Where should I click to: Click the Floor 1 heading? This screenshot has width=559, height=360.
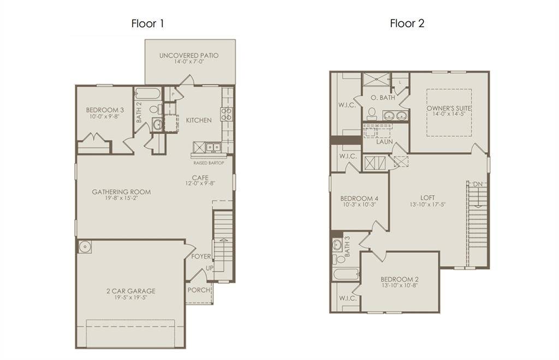pos(147,23)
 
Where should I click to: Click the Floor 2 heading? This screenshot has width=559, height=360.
pos(407,23)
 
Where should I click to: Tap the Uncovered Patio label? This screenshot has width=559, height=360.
pos(189,56)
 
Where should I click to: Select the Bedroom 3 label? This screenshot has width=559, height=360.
pos(104,110)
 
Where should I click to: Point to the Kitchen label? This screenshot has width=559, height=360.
pos(199,120)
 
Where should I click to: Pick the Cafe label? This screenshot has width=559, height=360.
pos(199,177)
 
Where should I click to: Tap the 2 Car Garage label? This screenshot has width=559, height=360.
pos(130,291)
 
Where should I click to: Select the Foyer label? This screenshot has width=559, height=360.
pos(200,256)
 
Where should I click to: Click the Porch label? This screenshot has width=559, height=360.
pos(199,290)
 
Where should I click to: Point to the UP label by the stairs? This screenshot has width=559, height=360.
pos(209,268)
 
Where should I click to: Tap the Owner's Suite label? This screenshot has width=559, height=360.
pos(449,108)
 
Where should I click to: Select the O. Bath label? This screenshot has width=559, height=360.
pos(382,98)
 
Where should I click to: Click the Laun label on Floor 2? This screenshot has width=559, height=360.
pos(385,142)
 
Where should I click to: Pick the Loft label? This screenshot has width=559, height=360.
pos(427,197)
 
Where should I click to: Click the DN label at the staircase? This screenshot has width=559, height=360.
pos(478,184)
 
